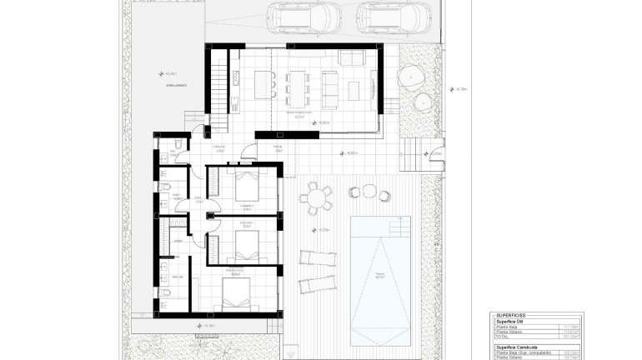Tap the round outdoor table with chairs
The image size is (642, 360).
(317, 198)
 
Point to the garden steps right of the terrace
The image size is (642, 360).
(412, 153)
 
